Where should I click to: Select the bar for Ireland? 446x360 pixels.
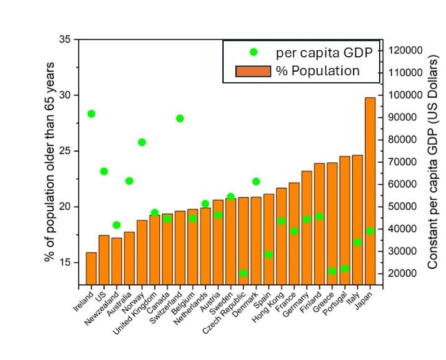[x=91, y=269]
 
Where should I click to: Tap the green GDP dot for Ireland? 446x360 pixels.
[x=91, y=114]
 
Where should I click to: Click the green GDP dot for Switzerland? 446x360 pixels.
[x=180, y=118]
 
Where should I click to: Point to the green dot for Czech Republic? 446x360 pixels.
[x=243, y=273]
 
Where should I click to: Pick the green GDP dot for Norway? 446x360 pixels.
[x=142, y=142]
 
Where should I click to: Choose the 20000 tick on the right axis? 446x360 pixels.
[x=406, y=274]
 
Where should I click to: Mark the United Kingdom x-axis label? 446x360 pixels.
[x=137, y=311]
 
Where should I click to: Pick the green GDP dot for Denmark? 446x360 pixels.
[x=256, y=181]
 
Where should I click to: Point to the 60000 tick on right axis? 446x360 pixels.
[x=406, y=184]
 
